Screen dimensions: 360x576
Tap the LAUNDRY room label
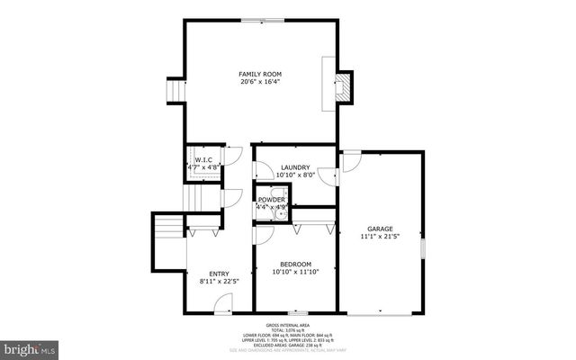coord(295,167)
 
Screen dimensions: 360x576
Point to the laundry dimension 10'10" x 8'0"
coord(295,176)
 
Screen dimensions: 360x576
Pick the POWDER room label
coord(272,199)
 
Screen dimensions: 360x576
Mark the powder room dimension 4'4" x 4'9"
coord(272,208)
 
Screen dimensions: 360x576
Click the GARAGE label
coord(380,229)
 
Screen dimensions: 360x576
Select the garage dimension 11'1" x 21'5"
coord(380,238)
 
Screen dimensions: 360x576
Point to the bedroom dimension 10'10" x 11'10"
coord(295,271)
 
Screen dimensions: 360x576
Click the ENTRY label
coord(219,274)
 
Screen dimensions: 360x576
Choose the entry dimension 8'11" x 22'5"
coord(219,283)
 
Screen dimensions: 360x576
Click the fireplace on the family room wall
coord(342,85)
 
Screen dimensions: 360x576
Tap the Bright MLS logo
coord(29,346)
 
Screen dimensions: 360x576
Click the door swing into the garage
coord(351,160)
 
